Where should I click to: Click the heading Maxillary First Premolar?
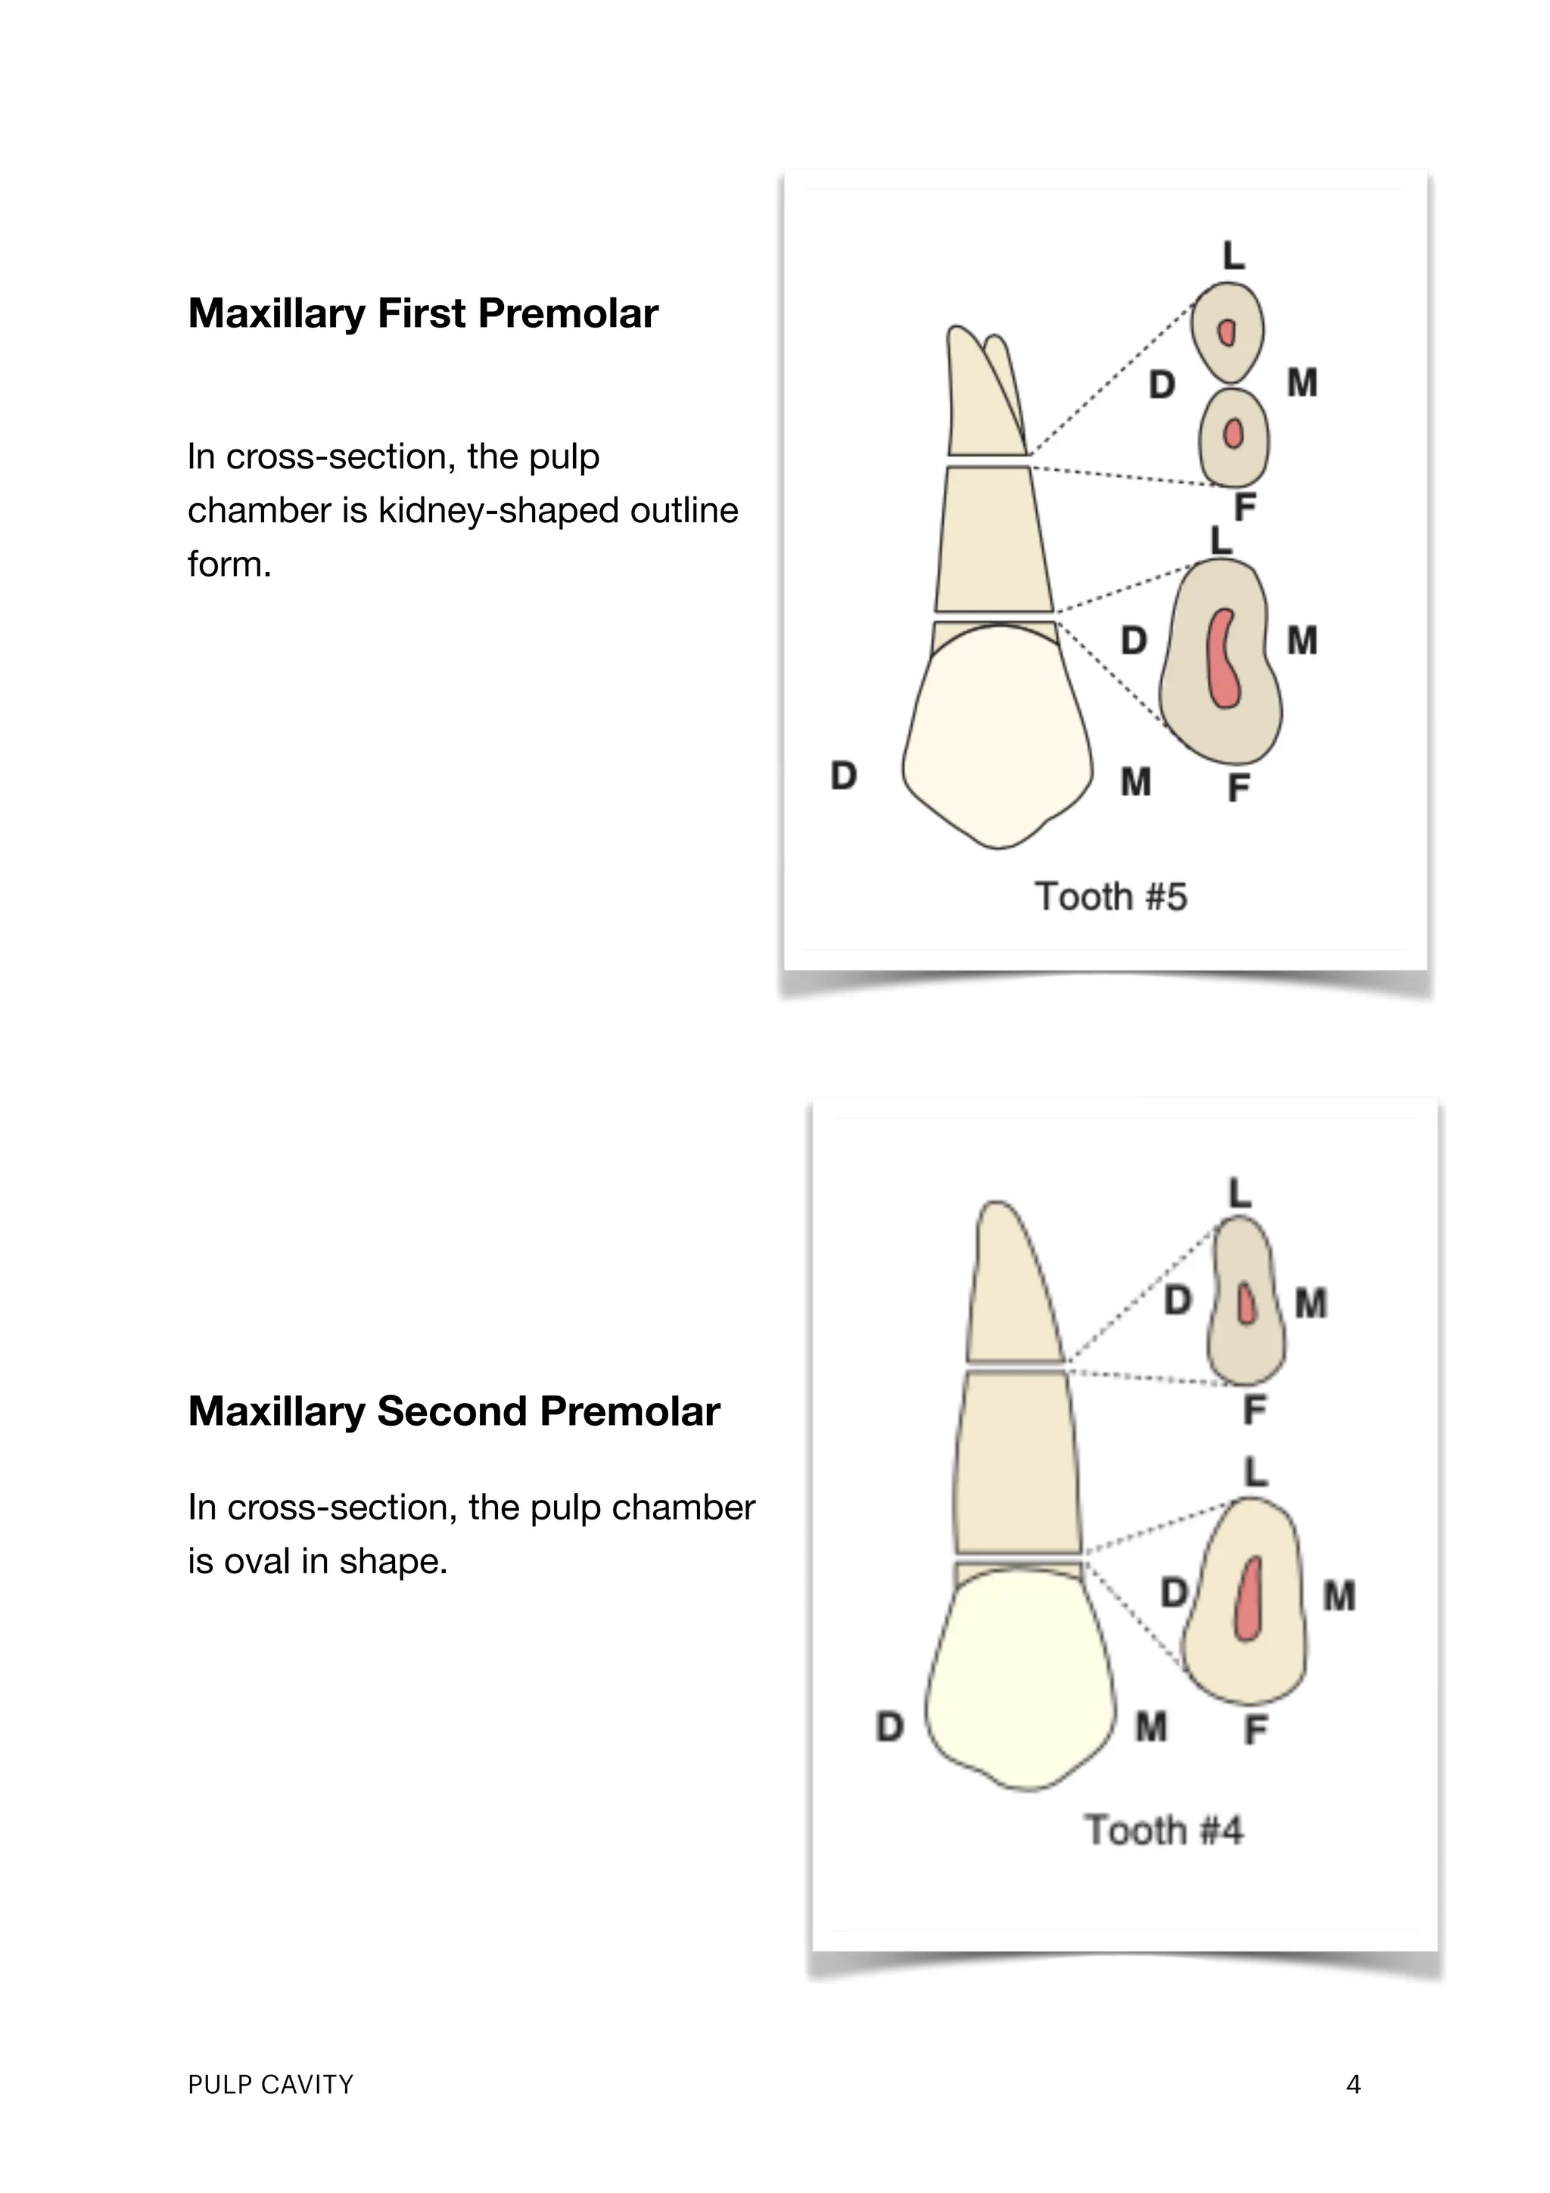point(422,313)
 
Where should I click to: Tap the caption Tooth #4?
point(1162,1830)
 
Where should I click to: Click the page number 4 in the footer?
point(1352,2084)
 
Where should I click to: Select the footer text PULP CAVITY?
point(270,2084)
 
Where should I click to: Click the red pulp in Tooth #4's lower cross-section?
point(1247,1600)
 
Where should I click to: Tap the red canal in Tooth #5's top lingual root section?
point(1227,331)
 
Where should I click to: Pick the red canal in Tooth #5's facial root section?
point(1233,434)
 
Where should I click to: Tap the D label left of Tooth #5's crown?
point(842,776)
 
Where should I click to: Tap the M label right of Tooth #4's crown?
point(1151,1727)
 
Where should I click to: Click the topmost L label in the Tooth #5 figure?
point(1233,256)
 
